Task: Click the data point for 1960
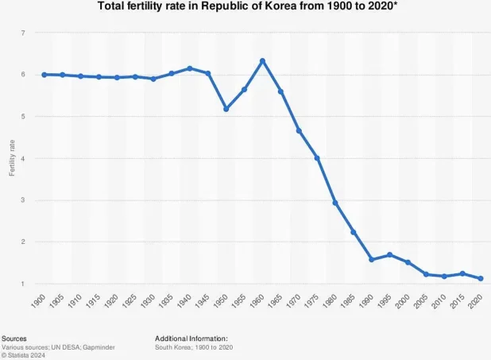(262, 61)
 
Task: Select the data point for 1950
(226, 109)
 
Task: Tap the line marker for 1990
(371, 260)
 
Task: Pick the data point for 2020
(481, 278)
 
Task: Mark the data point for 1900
(44, 75)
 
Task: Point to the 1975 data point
(317, 158)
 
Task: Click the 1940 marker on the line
(190, 68)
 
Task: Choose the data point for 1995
(389, 255)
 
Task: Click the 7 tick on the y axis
(23, 33)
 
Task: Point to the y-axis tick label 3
(23, 200)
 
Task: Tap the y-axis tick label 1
(23, 284)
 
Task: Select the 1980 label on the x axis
(333, 302)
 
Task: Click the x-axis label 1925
(133, 302)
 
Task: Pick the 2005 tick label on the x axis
(424, 302)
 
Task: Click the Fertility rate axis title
(11, 158)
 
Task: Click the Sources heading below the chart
(14, 338)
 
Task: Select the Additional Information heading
(191, 338)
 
